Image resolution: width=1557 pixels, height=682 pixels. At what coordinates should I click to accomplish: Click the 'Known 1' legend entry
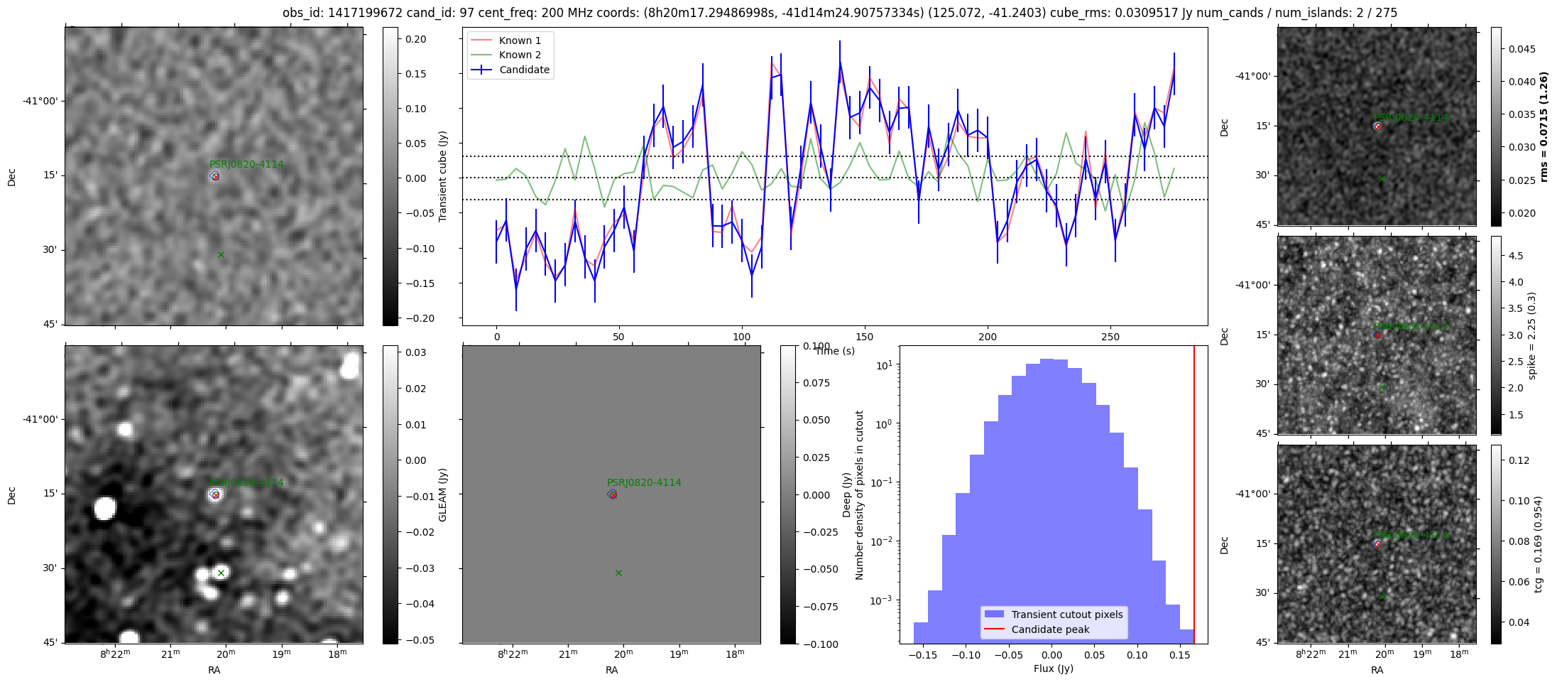(x=519, y=40)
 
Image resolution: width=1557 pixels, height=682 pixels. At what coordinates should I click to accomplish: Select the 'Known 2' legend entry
(x=519, y=55)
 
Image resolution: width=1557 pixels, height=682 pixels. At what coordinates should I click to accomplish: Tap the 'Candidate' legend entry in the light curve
(x=523, y=70)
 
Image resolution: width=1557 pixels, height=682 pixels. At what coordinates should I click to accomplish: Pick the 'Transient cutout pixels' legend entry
(x=1066, y=615)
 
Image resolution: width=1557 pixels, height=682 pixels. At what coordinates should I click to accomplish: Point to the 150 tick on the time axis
(x=865, y=337)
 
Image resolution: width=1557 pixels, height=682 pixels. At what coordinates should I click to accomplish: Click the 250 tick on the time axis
(x=1110, y=337)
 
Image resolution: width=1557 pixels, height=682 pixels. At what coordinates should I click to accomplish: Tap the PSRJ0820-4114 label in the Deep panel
(x=644, y=482)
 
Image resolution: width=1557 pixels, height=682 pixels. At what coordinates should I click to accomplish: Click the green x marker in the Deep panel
(x=618, y=573)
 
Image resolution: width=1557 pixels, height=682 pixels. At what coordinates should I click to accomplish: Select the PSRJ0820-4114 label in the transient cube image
(x=246, y=164)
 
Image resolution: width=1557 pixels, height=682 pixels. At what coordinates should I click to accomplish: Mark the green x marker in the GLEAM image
(x=221, y=573)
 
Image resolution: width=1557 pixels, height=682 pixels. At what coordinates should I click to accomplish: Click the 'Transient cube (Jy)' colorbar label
(x=443, y=176)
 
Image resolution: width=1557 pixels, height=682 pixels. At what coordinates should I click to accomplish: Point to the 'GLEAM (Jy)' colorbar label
(x=443, y=494)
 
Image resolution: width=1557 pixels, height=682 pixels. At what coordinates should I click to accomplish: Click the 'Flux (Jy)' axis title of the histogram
(x=1054, y=669)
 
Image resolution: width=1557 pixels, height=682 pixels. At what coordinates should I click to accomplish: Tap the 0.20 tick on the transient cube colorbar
(x=415, y=39)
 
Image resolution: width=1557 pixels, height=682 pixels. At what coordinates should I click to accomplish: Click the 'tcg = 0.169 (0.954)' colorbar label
(x=1538, y=544)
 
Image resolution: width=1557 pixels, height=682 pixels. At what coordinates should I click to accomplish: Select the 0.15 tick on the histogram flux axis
(x=1180, y=655)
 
